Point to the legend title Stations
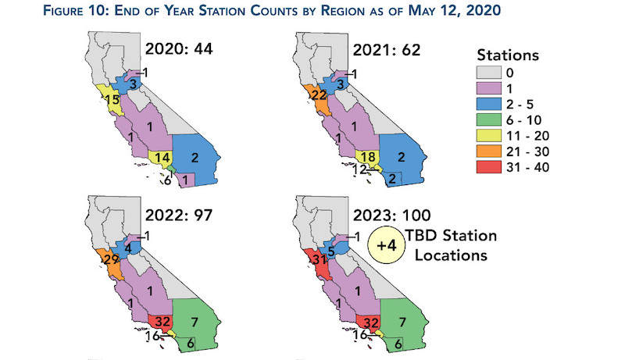coord(508,56)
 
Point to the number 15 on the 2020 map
coord(114,99)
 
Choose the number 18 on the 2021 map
coord(366,158)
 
